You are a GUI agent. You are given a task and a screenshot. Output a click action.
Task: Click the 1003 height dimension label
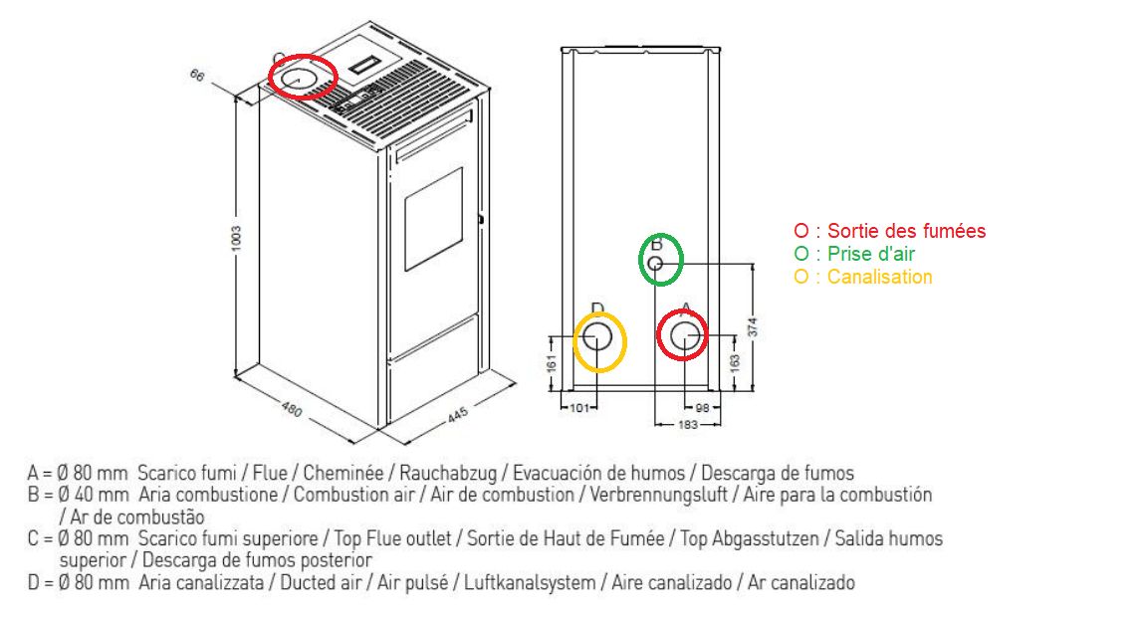236,239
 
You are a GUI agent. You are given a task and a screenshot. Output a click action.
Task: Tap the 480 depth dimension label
292,410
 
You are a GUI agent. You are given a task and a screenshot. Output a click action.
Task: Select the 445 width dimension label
457,415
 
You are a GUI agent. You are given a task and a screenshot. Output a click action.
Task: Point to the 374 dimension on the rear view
753,326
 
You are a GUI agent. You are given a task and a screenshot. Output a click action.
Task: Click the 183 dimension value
688,424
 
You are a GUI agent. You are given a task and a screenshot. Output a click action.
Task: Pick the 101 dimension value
579,408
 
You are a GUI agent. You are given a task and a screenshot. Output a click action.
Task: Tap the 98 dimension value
703,408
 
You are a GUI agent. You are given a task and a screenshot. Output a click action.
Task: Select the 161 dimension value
553,363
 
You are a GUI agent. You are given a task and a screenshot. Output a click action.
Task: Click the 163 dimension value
735,363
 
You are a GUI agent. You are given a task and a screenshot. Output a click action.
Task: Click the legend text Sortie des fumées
906,231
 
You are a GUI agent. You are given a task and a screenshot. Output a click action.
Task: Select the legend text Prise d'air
870,254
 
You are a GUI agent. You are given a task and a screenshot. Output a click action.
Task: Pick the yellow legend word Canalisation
879,277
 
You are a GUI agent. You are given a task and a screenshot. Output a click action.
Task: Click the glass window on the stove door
433,220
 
